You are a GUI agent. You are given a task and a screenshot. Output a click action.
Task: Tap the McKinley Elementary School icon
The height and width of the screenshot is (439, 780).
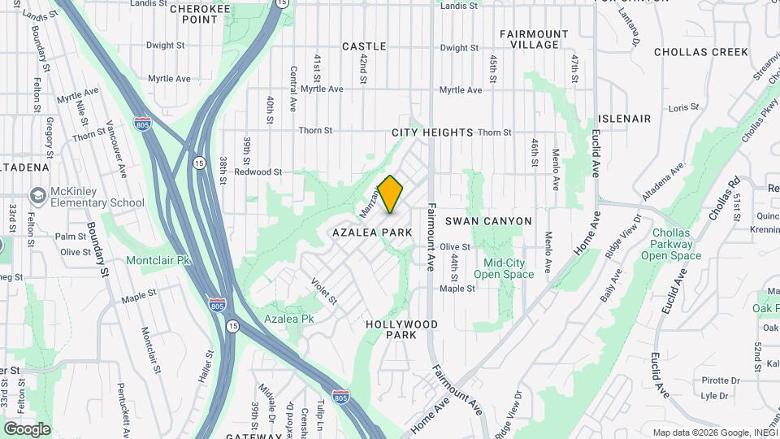[x=37, y=196]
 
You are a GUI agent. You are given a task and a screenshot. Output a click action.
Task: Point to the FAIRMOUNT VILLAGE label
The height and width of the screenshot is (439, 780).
[x=534, y=39]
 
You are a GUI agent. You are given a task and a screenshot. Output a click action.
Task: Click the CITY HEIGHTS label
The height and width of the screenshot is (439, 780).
[x=432, y=133]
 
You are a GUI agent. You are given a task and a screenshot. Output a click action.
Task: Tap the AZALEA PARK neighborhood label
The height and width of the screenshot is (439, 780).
[x=372, y=233]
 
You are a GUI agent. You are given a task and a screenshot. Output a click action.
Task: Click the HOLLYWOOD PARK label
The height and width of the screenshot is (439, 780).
[x=401, y=329]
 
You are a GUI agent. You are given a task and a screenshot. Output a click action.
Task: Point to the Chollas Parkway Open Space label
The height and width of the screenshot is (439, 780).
[x=670, y=244]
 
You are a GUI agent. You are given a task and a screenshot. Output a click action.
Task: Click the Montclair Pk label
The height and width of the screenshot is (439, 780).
[x=158, y=261]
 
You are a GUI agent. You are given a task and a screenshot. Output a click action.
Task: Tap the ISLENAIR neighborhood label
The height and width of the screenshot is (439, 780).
[x=624, y=119]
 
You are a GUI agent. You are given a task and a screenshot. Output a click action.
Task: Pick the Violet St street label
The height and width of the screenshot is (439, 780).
[x=324, y=290]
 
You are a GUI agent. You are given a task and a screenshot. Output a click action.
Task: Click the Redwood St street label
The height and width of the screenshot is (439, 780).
[x=258, y=172]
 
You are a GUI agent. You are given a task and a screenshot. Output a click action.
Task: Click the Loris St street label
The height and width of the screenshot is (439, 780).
[x=683, y=108]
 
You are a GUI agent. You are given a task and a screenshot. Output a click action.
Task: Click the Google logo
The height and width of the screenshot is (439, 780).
[x=27, y=429]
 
